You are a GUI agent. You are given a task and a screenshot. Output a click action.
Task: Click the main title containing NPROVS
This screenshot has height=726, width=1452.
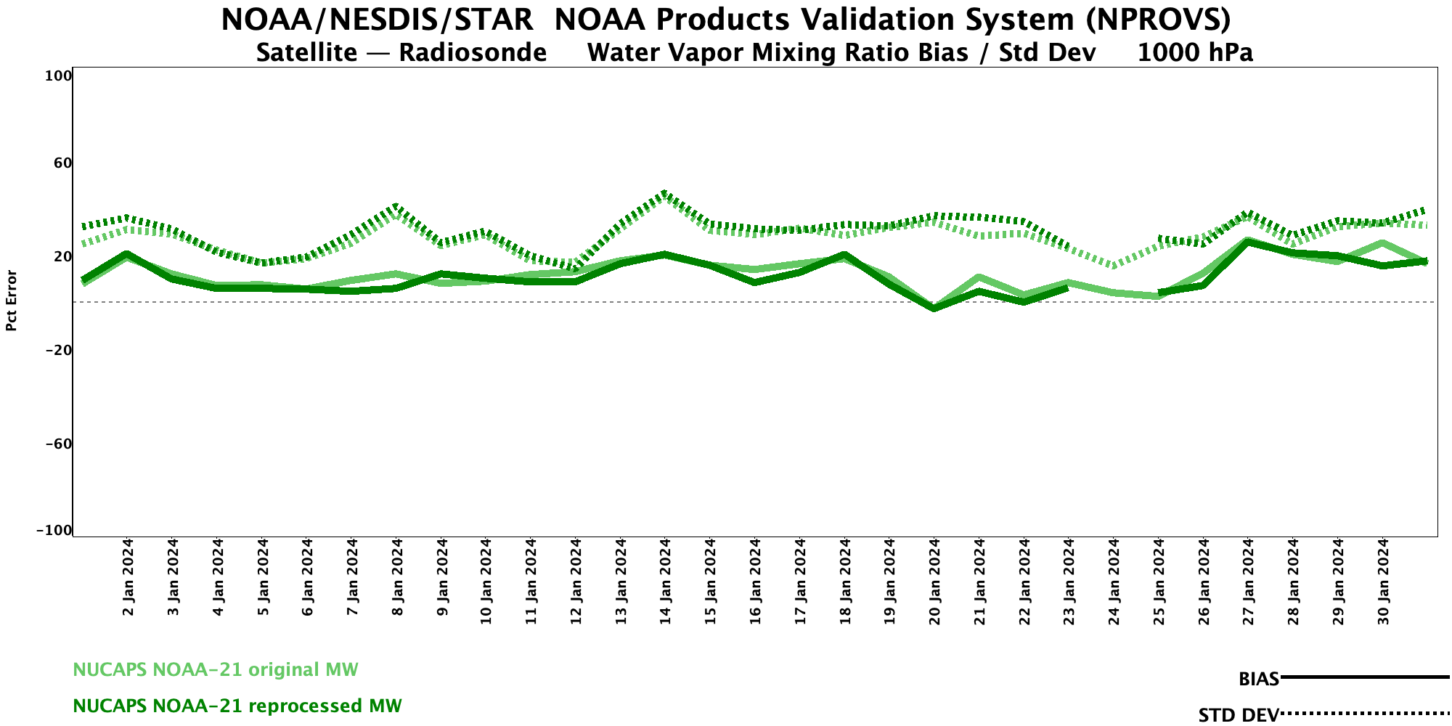coord(726,20)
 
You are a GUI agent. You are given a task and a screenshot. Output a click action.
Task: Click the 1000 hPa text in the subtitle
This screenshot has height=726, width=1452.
coord(1195,53)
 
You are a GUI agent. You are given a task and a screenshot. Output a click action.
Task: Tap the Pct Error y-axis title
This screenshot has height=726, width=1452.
coord(12,301)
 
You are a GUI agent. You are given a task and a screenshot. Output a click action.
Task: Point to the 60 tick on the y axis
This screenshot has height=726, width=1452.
coord(62,163)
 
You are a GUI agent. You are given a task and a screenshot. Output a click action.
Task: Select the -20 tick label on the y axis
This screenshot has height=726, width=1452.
coord(57,351)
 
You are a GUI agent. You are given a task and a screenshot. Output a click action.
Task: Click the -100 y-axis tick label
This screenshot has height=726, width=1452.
coord(54,531)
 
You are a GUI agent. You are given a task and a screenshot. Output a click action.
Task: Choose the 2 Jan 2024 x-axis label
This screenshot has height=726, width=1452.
coord(129,577)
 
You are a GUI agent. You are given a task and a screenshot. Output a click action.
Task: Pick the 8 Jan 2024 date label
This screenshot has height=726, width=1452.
coord(397,577)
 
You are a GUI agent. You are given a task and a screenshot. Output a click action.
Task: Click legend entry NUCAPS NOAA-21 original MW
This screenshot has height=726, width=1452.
coord(216,669)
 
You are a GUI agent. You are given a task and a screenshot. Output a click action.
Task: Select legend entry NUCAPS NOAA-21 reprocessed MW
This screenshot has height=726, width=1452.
coord(237,706)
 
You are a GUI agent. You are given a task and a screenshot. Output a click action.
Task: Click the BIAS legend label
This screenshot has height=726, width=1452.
coord(1259,680)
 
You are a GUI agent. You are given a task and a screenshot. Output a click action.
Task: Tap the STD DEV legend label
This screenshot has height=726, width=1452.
coord(1239,715)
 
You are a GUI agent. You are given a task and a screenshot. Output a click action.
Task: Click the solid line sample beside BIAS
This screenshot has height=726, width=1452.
coord(1365,677)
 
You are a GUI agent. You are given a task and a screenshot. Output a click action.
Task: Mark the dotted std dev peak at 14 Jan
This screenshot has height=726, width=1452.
coord(665,194)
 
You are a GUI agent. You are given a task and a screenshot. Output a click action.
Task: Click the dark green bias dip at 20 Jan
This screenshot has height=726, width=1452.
coord(934,309)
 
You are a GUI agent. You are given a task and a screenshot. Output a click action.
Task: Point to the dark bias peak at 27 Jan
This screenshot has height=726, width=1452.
coord(1248,242)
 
